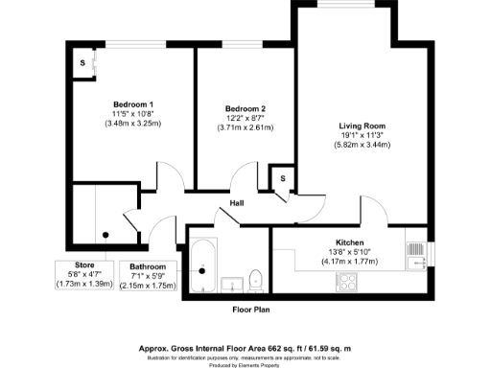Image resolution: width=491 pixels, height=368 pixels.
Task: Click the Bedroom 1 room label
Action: click(x=133, y=104)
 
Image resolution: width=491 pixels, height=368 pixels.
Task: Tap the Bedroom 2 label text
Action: click(x=245, y=109)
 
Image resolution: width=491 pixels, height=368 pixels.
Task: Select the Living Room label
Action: click(x=361, y=126)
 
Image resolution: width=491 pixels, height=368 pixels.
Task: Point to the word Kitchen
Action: click(x=347, y=242)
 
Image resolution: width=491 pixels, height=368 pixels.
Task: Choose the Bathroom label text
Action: click(x=149, y=266)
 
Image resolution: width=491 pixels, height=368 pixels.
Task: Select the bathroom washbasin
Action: click(x=231, y=284)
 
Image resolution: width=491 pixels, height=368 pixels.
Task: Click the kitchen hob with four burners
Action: click(x=346, y=283)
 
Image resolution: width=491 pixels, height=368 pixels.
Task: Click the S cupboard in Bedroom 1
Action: click(x=82, y=63)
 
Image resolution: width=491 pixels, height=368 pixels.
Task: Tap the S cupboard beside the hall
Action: click(x=283, y=179)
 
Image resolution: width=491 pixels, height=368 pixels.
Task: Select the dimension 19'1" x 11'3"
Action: click(x=361, y=136)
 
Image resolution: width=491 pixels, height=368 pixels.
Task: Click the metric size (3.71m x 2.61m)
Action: click(x=245, y=129)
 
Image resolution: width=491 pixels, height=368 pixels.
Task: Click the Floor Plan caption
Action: click(x=252, y=310)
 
